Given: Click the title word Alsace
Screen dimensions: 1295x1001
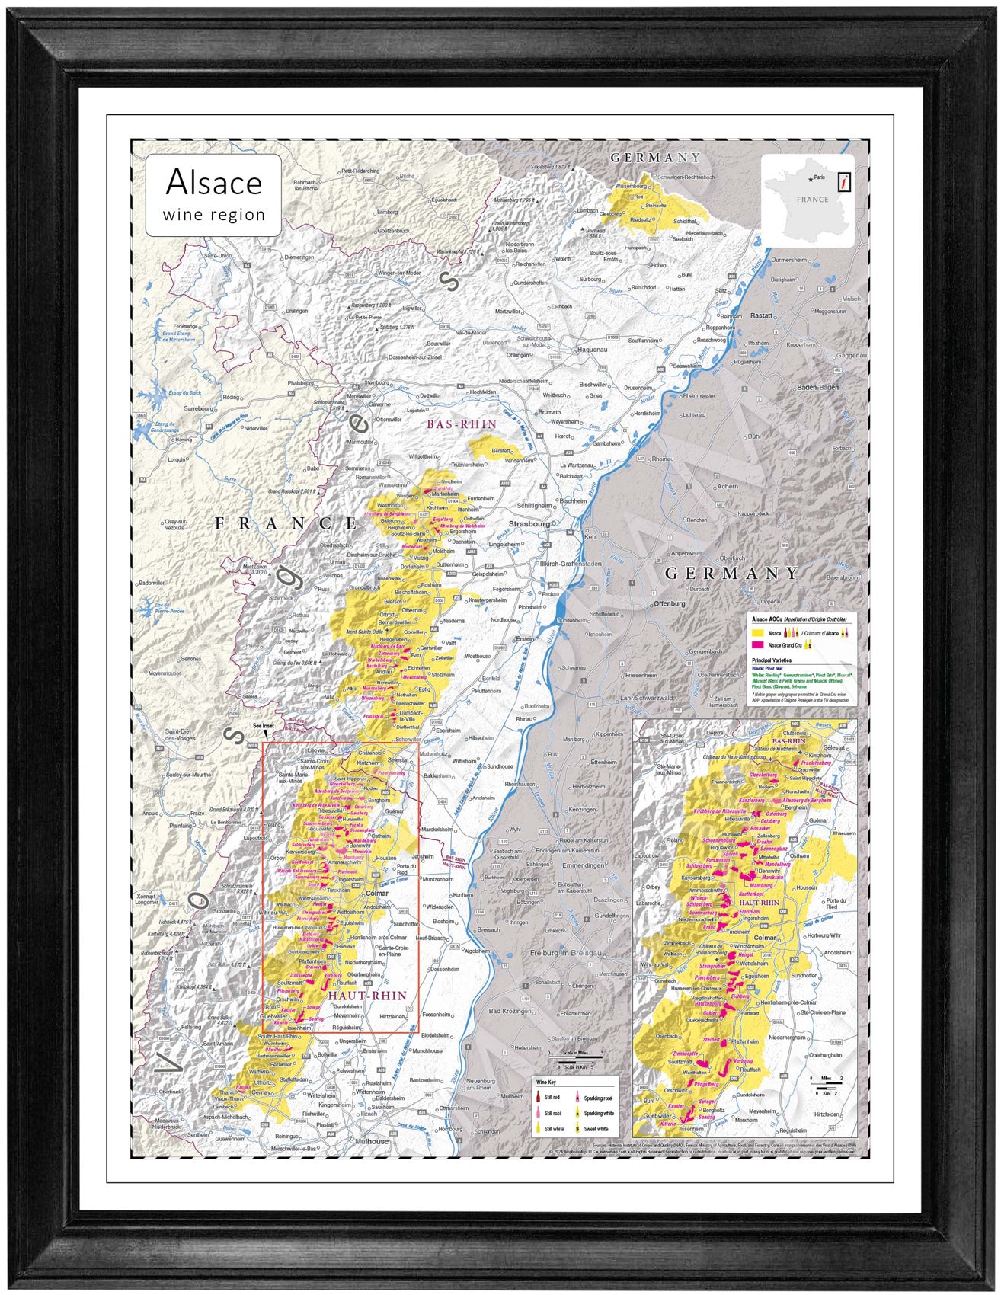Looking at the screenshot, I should click(213, 182).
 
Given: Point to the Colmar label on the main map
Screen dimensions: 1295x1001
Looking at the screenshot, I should click(377, 894).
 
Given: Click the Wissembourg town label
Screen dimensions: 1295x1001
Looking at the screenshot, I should click(630, 185).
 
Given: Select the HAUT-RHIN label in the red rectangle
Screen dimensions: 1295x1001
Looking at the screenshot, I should click(367, 996).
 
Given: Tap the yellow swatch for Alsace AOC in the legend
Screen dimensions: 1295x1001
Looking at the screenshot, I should click(757, 633).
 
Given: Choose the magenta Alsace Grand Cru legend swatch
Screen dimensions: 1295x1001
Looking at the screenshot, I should click(757, 645).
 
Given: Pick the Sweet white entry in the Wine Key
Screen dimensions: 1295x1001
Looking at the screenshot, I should click(579, 1128).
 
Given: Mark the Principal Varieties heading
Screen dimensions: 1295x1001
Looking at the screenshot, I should click(771, 660).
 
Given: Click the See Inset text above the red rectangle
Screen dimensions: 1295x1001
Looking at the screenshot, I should click(263, 726).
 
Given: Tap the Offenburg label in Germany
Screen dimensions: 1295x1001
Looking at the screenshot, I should click(670, 604).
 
